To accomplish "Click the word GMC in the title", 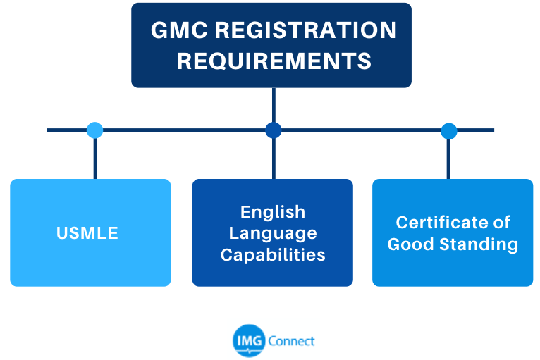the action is [x=179, y=30].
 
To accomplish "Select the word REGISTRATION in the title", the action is [x=306, y=30].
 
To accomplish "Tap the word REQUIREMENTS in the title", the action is [x=274, y=61].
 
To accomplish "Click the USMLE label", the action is [x=87, y=233].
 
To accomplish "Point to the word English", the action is [x=273, y=212].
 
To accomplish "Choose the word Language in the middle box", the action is [x=273, y=233].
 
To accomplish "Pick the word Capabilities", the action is [x=273, y=255].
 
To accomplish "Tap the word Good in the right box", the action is [x=410, y=244].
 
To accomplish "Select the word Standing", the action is [x=479, y=244].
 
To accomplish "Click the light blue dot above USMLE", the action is [x=94, y=130].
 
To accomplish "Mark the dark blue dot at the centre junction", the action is [x=274, y=130].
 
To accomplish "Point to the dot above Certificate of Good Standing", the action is [x=449, y=131].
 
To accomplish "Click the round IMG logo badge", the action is [x=249, y=341].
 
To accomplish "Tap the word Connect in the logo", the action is [x=291, y=341].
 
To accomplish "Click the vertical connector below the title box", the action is [x=274, y=105].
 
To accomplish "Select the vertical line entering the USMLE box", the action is [x=95, y=159].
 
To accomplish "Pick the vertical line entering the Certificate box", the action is [x=448, y=159].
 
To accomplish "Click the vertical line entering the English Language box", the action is [x=274, y=159].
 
